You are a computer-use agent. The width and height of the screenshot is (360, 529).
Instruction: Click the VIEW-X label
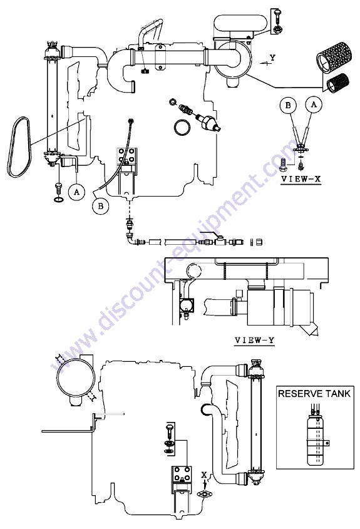[301, 178]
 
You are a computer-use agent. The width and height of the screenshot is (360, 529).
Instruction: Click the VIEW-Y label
[254, 340]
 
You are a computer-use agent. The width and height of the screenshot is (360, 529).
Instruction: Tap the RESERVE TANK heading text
[314, 393]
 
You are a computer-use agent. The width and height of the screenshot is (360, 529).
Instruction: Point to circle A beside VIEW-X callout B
[314, 105]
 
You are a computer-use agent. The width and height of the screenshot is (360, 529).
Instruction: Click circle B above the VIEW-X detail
[288, 105]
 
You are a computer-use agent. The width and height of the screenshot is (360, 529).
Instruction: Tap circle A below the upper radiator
[76, 192]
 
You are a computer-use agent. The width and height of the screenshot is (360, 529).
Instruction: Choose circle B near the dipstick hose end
[101, 206]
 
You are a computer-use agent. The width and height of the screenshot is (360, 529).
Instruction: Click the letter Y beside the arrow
[272, 58]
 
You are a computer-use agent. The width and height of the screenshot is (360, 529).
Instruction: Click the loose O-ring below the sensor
[183, 127]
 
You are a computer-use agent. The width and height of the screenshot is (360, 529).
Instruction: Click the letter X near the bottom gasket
[203, 475]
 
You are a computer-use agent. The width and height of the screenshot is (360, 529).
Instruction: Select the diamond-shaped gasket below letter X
[205, 495]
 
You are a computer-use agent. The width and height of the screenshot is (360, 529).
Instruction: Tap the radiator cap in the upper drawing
[53, 46]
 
